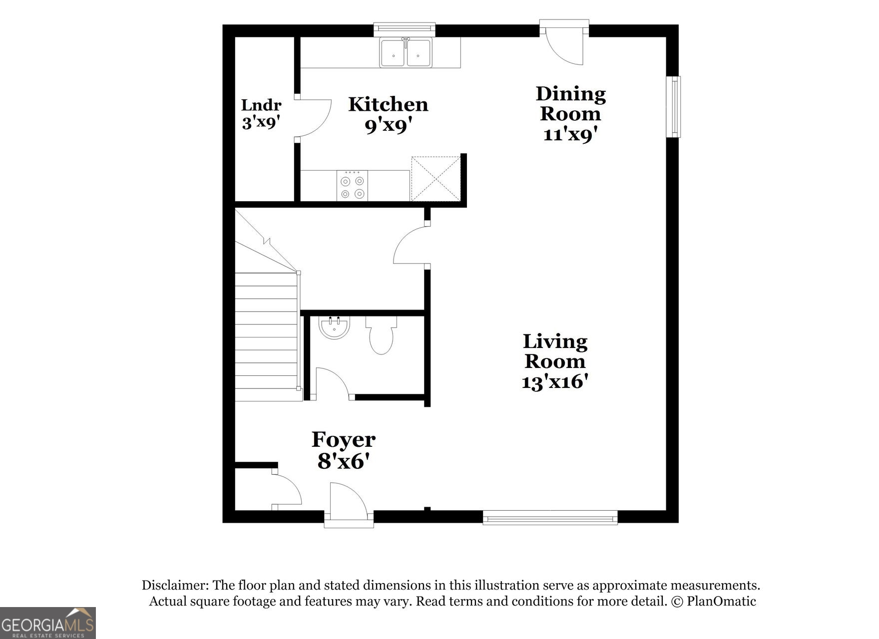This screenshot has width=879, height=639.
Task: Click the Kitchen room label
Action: (388, 104)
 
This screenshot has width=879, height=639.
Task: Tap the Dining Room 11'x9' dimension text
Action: (570, 134)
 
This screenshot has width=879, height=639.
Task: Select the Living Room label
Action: (555, 351)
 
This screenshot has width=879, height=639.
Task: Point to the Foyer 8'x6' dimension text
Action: (343, 461)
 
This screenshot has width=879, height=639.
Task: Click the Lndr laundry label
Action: (261, 105)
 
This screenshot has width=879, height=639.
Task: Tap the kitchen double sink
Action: (405, 52)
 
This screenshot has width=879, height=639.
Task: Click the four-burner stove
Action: (352, 186)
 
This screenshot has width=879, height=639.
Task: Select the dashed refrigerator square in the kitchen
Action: (436, 178)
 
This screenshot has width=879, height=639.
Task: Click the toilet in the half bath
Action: (382, 337)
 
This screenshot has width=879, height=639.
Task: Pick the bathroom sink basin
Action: (334, 328)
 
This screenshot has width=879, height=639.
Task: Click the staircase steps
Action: (266, 337)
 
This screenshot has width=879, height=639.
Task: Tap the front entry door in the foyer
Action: (349, 502)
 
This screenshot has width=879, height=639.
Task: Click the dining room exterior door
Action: (564, 45)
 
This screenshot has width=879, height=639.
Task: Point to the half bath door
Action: (332, 383)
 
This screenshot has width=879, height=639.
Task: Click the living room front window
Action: (550, 518)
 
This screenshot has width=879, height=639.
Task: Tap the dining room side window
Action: (674, 106)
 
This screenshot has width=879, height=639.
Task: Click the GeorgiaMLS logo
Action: (47, 623)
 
